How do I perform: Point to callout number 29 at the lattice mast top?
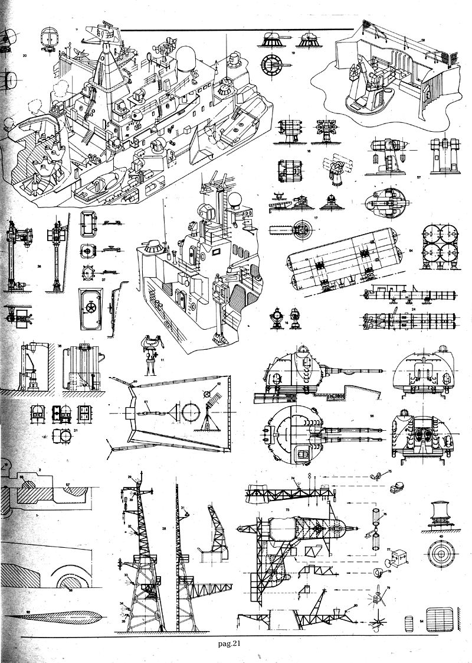click(129, 476)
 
